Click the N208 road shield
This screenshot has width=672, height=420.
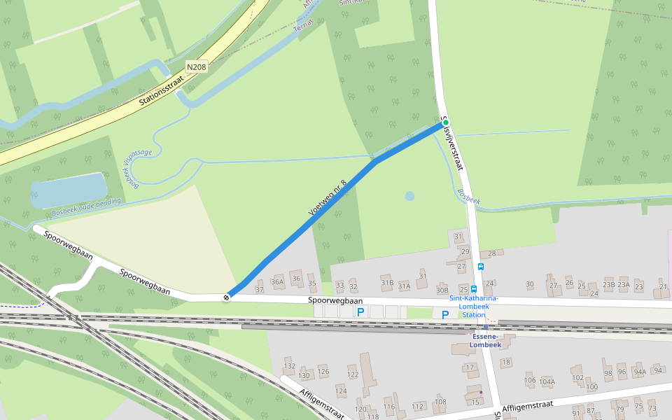(x=196, y=67)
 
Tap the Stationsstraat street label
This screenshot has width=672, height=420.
(x=160, y=90)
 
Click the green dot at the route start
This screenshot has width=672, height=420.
(x=445, y=122)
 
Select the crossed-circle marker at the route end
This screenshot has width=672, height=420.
(x=227, y=297)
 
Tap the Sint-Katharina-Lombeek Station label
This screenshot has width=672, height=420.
(x=474, y=306)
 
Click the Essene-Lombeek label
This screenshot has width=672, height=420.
(x=485, y=339)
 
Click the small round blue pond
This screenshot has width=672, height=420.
(x=409, y=196)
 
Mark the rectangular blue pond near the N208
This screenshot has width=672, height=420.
(x=69, y=190)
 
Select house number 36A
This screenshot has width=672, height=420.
(x=278, y=282)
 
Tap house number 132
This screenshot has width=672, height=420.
(x=289, y=366)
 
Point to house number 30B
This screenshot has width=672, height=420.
(x=442, y=290)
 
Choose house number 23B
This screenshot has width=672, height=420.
(x=608, y=285)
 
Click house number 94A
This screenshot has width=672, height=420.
(x=639, y=372)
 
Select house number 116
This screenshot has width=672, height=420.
(x=389, y=407)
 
